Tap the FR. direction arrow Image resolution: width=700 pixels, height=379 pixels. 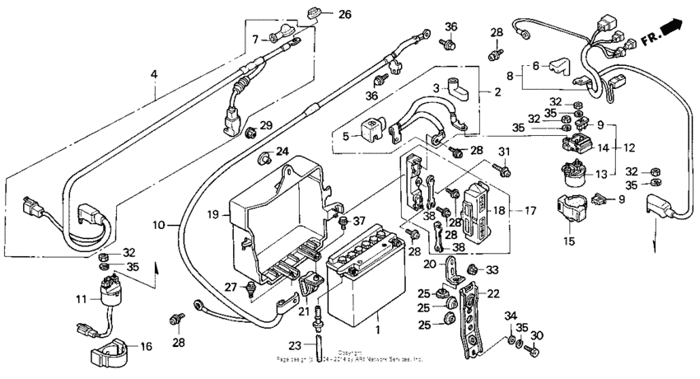(673, 30)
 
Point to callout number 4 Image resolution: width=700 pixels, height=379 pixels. (153, 75)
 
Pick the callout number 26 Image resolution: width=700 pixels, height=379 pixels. (344, 14)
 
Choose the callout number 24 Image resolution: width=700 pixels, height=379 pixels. (282, 151)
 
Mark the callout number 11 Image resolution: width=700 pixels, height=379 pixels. (82, 297)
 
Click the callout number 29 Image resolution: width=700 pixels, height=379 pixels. (265, 124)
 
